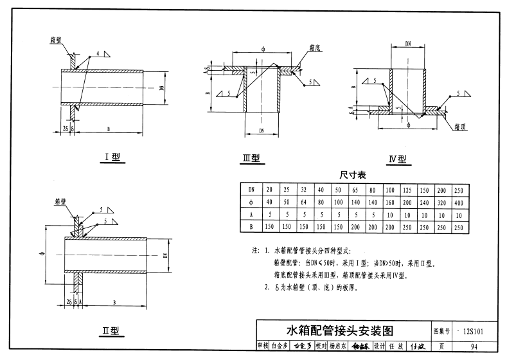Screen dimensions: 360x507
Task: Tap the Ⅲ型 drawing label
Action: (x=251, y=157)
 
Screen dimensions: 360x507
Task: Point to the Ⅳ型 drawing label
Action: (x=398, y=159)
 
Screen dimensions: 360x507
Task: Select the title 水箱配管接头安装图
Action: (x=340, y=330)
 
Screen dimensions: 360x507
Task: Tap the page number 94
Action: (x=474, y=346)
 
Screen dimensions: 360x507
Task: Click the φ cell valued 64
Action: (x=303, y=203)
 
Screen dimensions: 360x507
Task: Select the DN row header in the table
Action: (x=251, y=190)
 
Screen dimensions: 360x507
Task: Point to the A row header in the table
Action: (x=251, y=215)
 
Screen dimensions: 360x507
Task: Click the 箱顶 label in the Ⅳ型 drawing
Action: (x=458, y=126)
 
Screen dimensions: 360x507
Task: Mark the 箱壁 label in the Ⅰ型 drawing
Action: (x=56, y=40)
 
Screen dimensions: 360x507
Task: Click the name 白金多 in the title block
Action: (x=278, y=346)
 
